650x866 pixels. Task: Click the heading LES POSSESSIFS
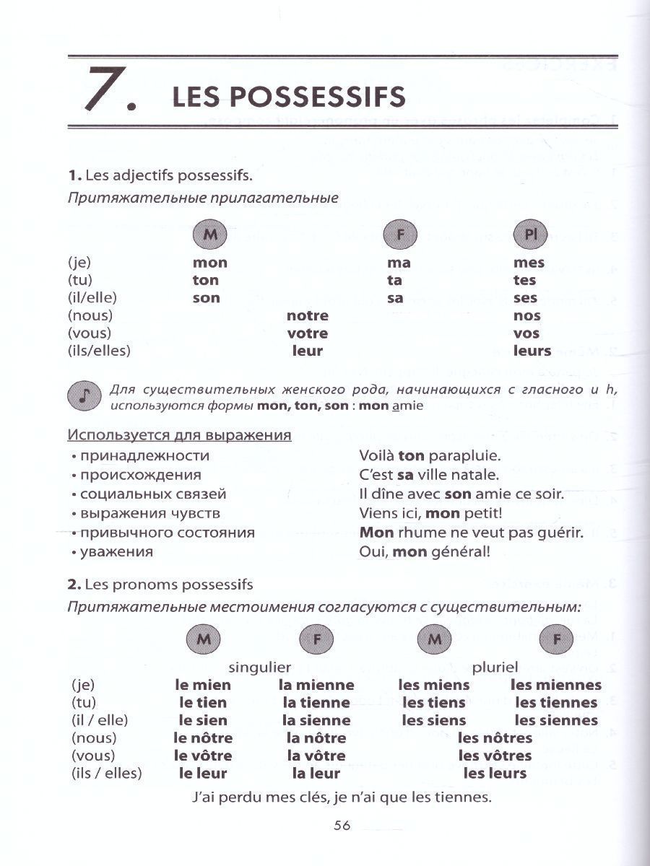point(289,97)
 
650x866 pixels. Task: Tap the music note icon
point(84,396)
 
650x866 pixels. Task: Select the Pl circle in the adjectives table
point(531,235)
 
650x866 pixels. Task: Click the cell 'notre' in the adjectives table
point(307,316)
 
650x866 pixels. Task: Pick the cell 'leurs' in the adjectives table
point(532,351)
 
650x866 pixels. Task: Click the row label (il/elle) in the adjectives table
point(92,298)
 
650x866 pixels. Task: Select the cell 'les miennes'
point(555,686)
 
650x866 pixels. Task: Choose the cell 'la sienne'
point(316,720)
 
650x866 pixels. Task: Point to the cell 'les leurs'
point(495,774)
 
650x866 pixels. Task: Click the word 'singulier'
point(259,667)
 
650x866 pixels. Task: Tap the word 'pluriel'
point(495,667)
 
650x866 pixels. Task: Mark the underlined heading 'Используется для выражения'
point(179,435)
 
